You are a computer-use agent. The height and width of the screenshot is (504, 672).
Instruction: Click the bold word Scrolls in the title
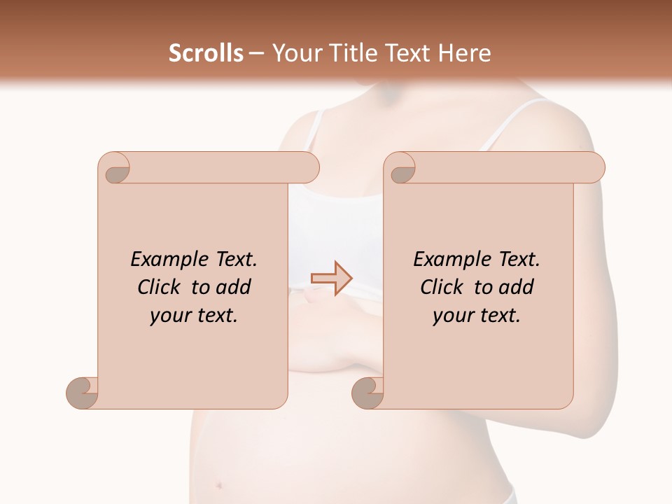(x=206, y=53)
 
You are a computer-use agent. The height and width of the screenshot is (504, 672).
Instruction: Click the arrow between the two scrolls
(x=331, y=278)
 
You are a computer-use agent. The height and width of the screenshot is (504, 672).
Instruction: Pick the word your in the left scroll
(x=169, y=316)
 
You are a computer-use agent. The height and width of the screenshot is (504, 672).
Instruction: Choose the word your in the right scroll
(x=452, y=316)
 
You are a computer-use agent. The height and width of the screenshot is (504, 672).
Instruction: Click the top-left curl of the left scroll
(x=115, y=169)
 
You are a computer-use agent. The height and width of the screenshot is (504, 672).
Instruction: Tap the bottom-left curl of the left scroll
(x=83, y=393)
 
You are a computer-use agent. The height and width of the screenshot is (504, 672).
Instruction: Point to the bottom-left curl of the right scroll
(x=367, y=393)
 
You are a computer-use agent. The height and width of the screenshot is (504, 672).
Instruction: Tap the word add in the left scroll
(x=232, y=288)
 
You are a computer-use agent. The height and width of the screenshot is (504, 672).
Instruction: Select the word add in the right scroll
(x=515, y=288)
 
